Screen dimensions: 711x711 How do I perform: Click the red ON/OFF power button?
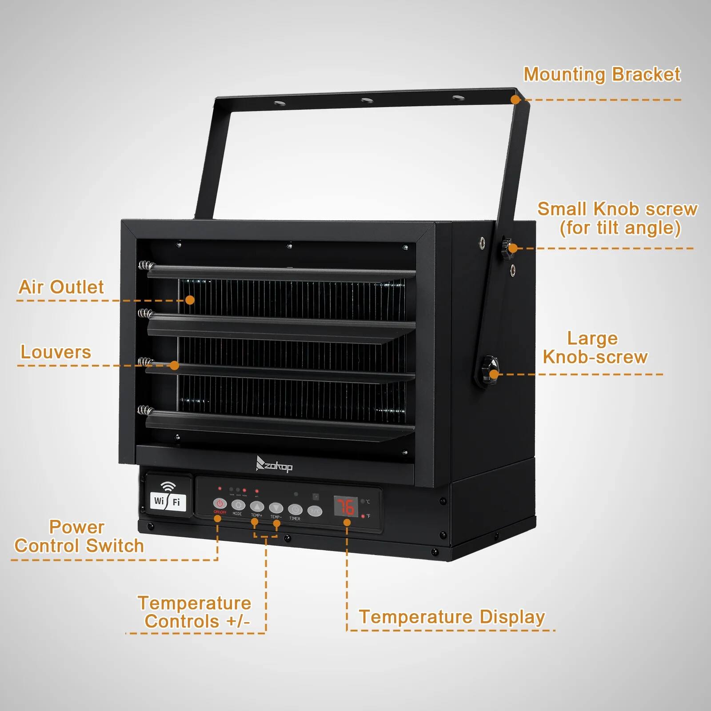(220, 503)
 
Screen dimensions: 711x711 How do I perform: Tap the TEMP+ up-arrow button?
(257, 506)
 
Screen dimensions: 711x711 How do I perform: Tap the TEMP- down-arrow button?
(276, 507)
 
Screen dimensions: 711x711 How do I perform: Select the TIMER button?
(295, 509)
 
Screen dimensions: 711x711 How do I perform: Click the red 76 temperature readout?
(346, 507)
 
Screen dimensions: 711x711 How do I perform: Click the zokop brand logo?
(274, 465)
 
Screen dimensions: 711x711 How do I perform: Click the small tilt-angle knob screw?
(507, 247)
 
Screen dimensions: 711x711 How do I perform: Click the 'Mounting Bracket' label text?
(602, 74)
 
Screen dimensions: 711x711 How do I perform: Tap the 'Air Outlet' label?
(61, 287)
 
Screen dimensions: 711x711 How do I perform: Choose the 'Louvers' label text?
(56, 352)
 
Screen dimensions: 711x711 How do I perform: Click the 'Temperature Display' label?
(451, 617)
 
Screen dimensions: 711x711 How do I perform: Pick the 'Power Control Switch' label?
(79, 536)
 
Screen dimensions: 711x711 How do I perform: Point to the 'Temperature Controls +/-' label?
(195, 612)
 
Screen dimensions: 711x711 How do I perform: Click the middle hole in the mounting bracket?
(367, 100)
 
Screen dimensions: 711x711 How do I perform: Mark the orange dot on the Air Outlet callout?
(190, 300)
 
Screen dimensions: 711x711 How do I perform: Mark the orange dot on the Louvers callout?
(174, 365)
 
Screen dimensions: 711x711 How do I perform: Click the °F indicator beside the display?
(367, 516)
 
